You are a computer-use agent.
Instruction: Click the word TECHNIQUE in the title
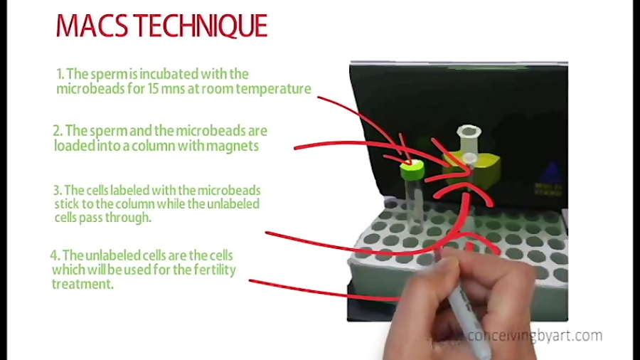coord(203,26)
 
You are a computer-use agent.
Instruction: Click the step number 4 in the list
coord(54,255)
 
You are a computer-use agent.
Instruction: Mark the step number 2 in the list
coord(57,132)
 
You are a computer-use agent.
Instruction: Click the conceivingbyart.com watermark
coord(535,336)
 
